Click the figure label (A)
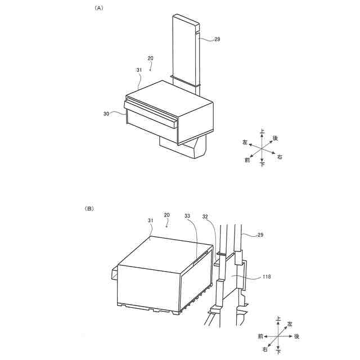100,8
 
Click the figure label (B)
89,209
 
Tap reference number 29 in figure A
217,39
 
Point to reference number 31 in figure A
139,69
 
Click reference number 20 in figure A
150,58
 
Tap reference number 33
188,215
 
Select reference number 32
206,215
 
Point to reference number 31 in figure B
151,220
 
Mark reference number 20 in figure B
166,215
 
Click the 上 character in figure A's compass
262,132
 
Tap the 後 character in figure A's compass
275,138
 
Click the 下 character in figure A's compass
263,164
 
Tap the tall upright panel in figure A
184,48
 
